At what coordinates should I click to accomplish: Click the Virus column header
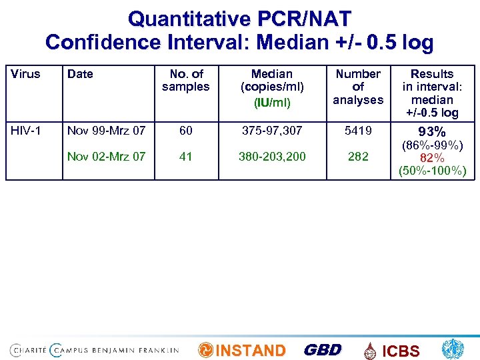pos(26,74)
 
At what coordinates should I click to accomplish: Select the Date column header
pos(80,74)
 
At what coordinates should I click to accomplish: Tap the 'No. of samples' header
pos(185,80)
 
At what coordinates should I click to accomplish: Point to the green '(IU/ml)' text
pos(271,102)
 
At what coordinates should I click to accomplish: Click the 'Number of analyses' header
pos(358,87)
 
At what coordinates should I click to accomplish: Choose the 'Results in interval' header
pos(432,93)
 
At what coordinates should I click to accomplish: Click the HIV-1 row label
pos(26,131)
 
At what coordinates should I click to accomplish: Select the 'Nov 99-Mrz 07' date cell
pos(107,131)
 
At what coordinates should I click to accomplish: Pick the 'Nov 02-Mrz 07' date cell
pos(107,157)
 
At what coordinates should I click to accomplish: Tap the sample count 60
pos(185,131)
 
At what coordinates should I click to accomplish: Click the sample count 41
pos(185,157)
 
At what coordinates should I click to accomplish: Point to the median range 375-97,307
pos(271,131)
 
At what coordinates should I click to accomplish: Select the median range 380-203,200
pos(271,157)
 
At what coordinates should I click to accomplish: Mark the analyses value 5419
pos(358,131)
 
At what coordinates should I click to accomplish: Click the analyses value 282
pos(358,157)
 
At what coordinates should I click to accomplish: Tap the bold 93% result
pos(432,132)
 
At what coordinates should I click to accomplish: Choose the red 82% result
pos(432,158)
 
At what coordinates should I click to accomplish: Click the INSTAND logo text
pos(251,351)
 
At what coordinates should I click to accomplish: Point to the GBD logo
pos(322,350)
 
